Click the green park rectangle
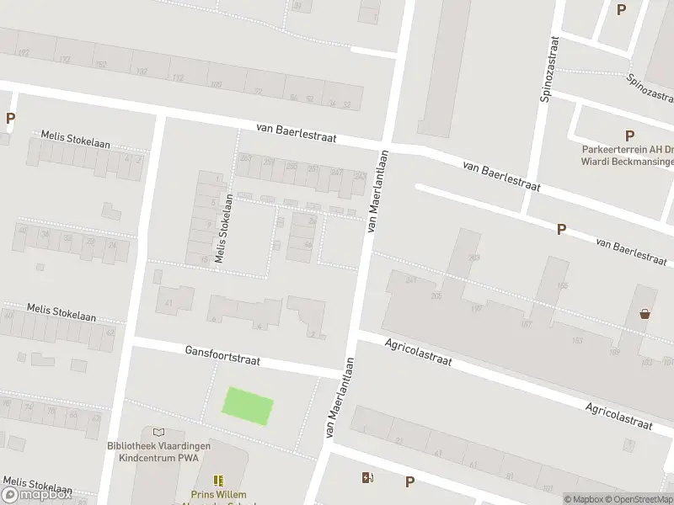(248, 406)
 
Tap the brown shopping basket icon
(645, 314)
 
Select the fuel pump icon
(367, 478)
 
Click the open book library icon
(158, 432)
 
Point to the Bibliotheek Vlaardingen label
(158, 446)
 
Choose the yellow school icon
(218, 481)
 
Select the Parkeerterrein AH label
(623, 151)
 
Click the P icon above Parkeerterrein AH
(629, 136)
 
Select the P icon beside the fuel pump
(409, 482)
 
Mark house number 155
(563, 286)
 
